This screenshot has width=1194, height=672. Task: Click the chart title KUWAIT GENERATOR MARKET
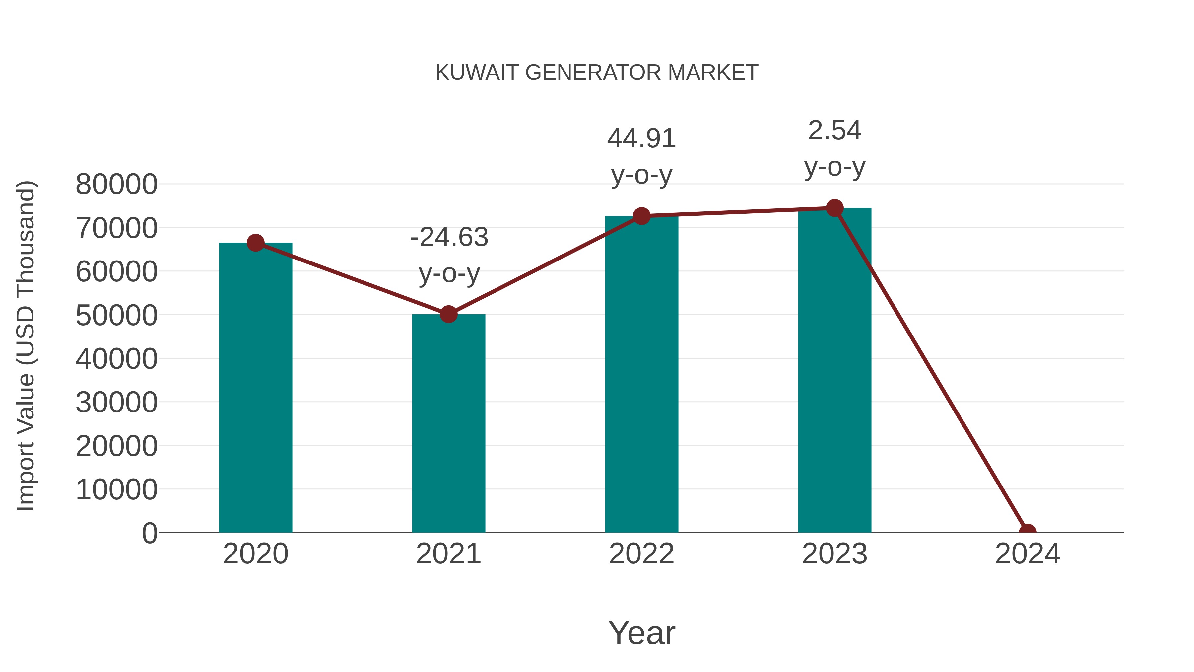[597, 73]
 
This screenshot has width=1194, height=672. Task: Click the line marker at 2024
[1028, 532]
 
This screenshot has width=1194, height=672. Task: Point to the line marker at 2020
[255, 243]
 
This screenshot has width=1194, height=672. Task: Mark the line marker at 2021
[448, 315]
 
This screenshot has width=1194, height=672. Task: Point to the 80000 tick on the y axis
[116, 184]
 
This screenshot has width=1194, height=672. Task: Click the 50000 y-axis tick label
[116, 315]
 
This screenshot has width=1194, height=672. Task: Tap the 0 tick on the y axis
[150, 533]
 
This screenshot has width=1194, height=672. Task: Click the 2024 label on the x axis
[1028, 554]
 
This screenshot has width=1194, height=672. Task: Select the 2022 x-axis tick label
[641, 554]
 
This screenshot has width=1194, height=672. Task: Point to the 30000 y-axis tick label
[116, 402]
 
